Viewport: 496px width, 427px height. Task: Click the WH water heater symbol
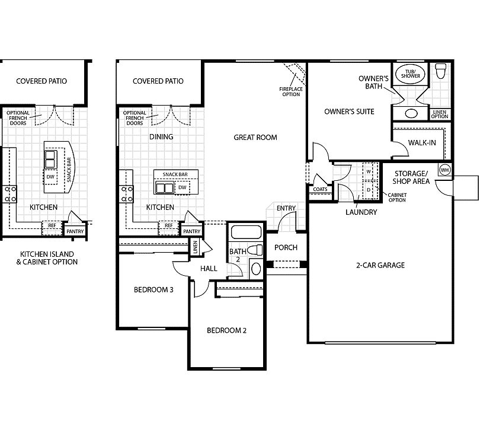[x=444, y=170]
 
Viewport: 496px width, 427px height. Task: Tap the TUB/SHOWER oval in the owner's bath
[x=408, y=74]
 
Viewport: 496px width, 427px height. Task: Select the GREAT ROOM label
[x=255, y=138]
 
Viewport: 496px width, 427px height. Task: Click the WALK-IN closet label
[x=423, y=143]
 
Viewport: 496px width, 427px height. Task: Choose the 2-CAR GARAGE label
[x=381, y=265]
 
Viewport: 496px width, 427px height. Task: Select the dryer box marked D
[x=368, y=190]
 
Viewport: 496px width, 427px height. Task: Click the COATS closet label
[x=320, y=190]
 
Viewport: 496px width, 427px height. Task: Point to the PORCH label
[x=286, y=248]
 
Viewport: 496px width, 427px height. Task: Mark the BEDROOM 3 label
[x=153, y=290]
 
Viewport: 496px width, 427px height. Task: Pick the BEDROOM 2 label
[x=226, y=331]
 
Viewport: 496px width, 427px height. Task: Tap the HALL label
[x=209, y=269]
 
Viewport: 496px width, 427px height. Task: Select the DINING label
[x=161, y=137]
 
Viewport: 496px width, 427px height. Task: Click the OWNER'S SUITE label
[x=349, y=111]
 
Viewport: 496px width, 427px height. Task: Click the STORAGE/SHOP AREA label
[x=411, y=177]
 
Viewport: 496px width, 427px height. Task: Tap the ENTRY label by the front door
[x=286, y=208]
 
